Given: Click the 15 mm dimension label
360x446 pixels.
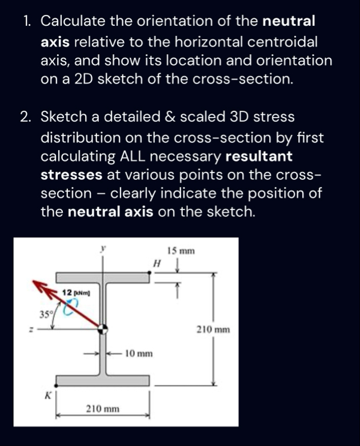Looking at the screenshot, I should tap(181, 251).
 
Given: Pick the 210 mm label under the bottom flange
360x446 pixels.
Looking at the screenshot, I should tap(102, 409).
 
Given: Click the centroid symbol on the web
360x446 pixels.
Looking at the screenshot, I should tap(103, 330).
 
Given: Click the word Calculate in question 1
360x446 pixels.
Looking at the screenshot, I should tap(74, 22).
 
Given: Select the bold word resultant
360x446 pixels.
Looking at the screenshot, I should tap(259, 156).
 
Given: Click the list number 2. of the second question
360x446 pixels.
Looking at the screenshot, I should tap(25, 118).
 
